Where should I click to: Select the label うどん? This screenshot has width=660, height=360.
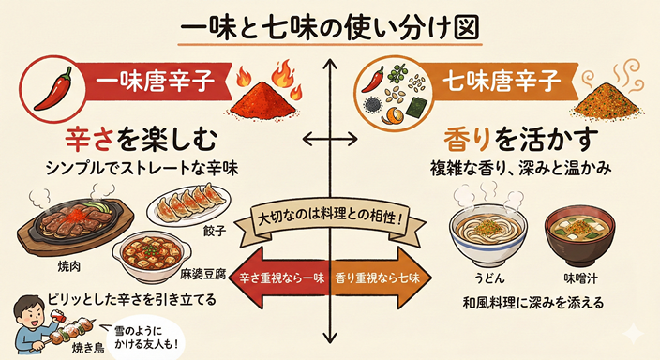[484, 278]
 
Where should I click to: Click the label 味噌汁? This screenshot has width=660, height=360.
[581, 278]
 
